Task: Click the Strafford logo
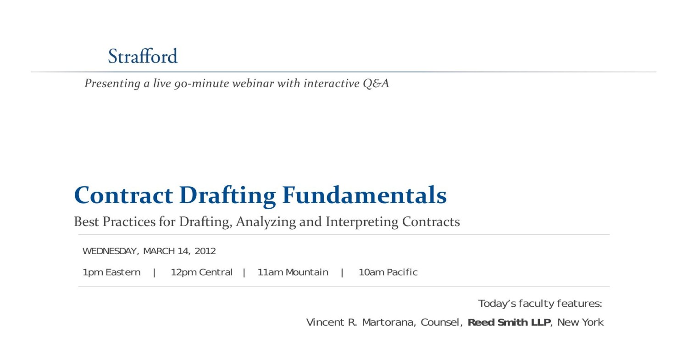click(x=143, y=56)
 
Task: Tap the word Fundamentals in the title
click(x=364, y=195)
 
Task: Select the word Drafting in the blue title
click(x=227, y=196)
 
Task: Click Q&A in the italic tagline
click(x=376, y=83)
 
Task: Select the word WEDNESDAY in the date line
click(x=109, y=251)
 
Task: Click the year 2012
click(x=205, y=251)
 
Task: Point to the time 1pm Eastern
click(x=111, y=272)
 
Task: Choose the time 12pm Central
click(x=201, y=272)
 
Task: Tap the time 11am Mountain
click(x=293, y=272)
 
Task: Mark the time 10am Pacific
click(x=388, y=272)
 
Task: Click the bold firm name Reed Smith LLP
click(x=509, y=322)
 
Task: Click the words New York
click(x=580, y=322)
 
